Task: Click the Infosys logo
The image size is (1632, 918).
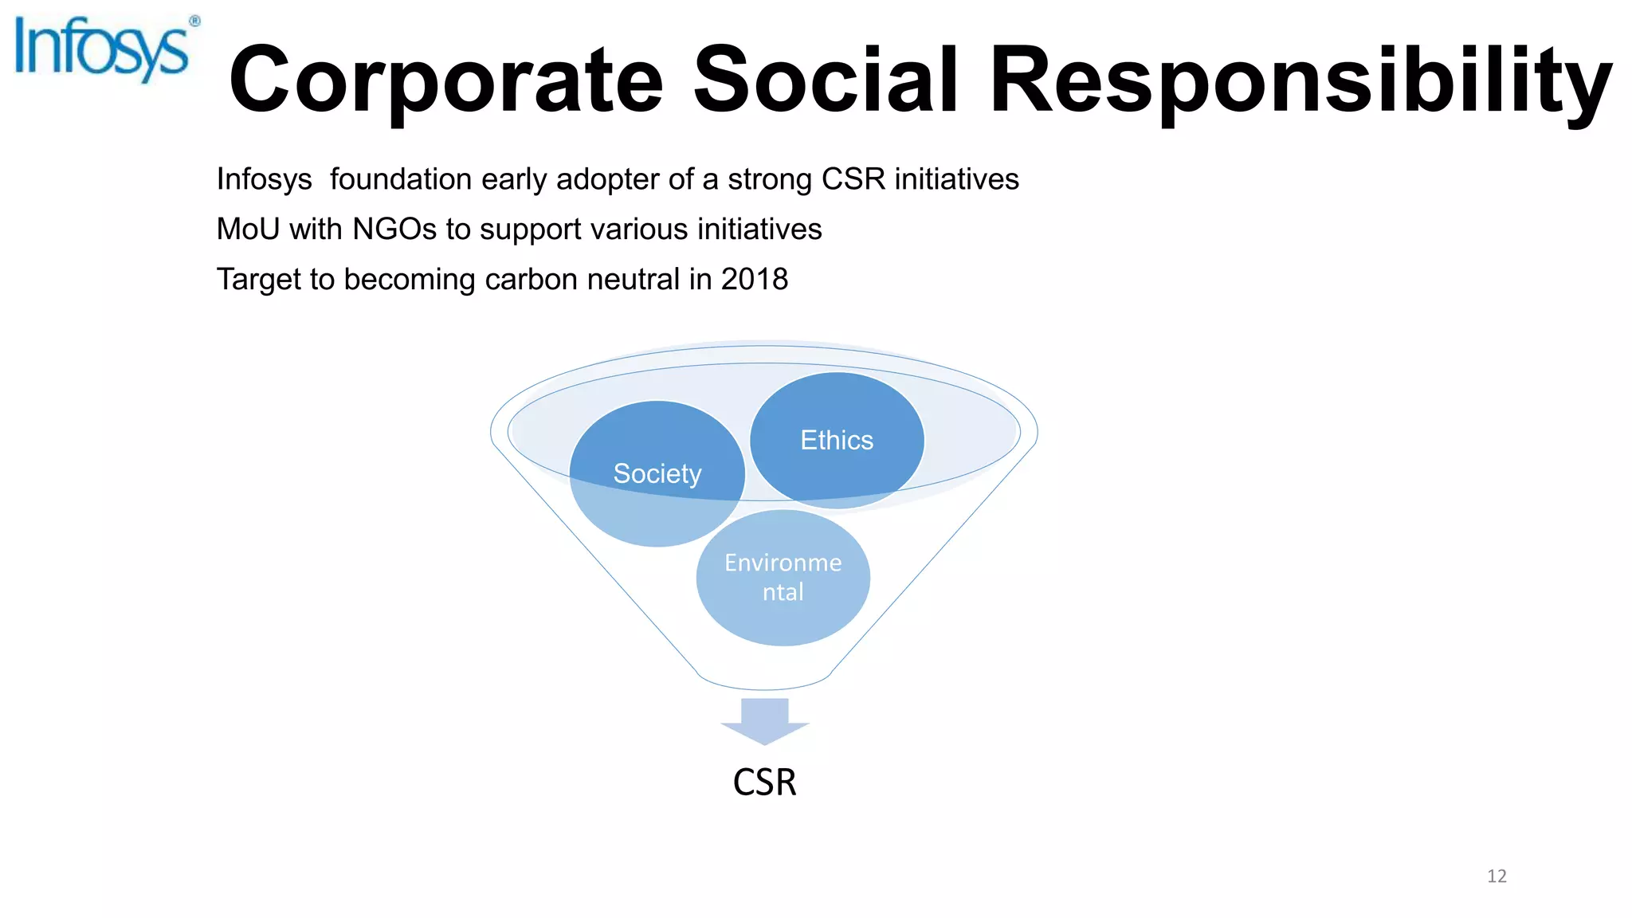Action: point(102,49)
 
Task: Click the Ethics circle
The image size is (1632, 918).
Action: point(837,440)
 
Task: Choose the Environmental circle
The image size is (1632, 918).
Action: point(783,578)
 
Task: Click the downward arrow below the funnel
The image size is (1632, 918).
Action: point(765,721)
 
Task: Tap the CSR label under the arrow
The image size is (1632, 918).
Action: point(764,782)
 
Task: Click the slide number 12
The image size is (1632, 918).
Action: point(1497,877)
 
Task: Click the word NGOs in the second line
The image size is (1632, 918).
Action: point(394,229)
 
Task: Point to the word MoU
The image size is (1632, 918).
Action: point(248,229)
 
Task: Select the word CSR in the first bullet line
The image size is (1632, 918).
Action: point(853,179)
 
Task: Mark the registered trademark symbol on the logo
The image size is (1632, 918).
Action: point(194,22)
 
